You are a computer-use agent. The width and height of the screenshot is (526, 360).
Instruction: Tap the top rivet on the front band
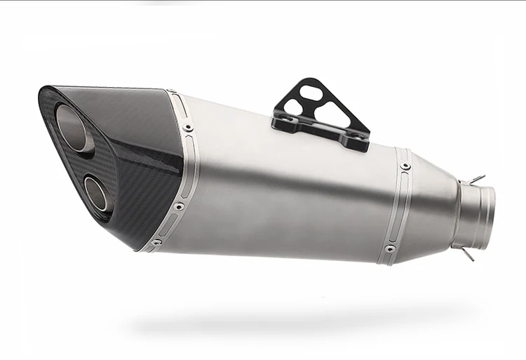(x=188, y=128)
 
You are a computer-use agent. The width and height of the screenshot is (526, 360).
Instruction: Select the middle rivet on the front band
(x=180, y=206)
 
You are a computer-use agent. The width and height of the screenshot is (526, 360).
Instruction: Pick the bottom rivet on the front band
(x=156, y=241)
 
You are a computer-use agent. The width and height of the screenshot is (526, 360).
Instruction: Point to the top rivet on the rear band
(x=405, y=166)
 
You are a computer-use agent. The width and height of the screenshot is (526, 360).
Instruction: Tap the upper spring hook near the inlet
(x=477, y=180)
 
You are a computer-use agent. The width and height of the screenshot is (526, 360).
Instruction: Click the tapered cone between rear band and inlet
(x=431, y=211)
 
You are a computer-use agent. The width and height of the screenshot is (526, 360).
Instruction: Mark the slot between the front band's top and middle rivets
(x=184, y=168)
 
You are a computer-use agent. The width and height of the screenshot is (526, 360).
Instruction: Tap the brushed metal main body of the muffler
(x=281, y=196)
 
